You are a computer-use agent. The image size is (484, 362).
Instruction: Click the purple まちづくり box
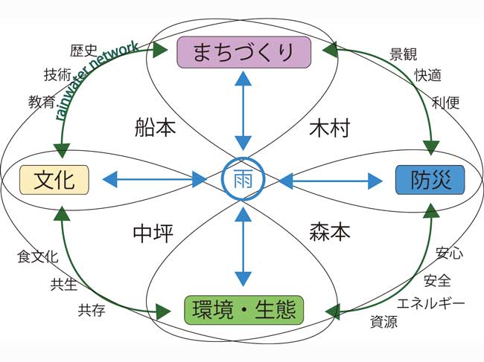242,52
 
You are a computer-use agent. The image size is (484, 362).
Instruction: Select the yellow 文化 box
54,179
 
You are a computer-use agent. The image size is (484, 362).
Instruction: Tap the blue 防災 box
429,179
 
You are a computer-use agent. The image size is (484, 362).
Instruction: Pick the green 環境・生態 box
242,309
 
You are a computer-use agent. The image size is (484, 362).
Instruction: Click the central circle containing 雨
242,179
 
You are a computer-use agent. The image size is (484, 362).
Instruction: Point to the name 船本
156,127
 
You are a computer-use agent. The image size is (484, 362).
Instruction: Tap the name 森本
329,233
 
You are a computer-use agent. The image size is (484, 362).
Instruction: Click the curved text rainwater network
97,79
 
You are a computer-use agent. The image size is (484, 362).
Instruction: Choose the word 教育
42,100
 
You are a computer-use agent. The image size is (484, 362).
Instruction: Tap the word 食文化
37,257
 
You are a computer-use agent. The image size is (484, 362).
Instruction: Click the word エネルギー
430,303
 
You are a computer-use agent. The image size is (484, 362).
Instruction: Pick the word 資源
383,322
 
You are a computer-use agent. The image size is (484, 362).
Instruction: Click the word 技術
58,74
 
